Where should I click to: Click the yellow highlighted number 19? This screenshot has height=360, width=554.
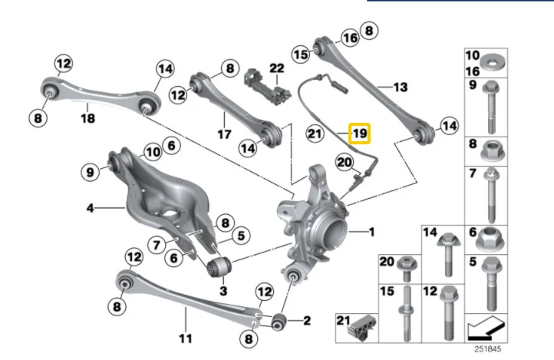tap(359, 134)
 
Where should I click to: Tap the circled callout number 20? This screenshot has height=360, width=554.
tap(345, 163)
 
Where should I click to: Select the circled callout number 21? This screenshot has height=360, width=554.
tap(315, 134)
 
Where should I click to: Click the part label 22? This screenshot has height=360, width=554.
tap(277, 68)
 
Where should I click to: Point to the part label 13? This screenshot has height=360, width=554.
tap(401, 87)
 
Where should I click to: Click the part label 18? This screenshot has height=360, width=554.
tap(87, 118)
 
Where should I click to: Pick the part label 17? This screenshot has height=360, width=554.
tap(224, 134)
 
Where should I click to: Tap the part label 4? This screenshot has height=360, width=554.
tap(91, 208)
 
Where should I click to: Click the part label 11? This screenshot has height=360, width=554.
tap(185, 339)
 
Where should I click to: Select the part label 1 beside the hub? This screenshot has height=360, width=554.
tap(371, 232)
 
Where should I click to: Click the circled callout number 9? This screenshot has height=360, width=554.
tap(91, 172)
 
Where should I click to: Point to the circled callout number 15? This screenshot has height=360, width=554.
tap(301, 54)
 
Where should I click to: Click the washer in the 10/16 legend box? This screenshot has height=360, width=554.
tap(492, 63)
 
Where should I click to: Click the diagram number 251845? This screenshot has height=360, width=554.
tap(487, 349)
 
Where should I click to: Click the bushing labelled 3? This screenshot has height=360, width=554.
tap(219, 268)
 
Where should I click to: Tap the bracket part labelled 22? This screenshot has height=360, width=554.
tap(267, 88)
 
